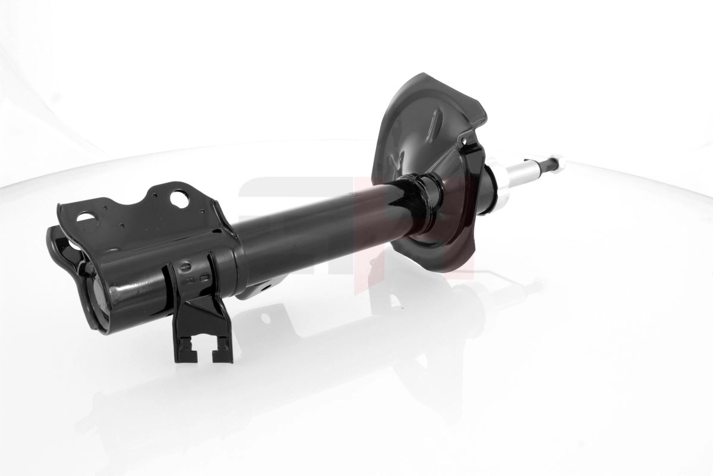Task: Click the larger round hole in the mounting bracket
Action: [179, 198]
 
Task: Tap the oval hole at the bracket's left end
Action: [84, 218]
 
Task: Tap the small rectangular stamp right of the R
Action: [203, 277]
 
